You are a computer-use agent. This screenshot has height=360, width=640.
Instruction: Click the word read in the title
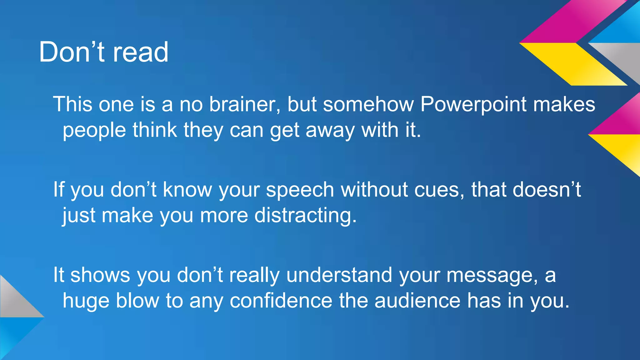(x=140, y=52)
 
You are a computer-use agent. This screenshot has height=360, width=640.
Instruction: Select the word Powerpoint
(x=473, y=104)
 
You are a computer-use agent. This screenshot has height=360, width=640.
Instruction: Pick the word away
(x=330, y=130)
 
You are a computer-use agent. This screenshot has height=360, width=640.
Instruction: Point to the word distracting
(x=305, y=216)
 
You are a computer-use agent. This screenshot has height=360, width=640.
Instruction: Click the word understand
(x=339, y=275)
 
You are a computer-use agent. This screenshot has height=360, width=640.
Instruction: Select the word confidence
(x=281, y=301)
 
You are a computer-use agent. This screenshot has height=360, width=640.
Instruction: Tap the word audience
(x=417, y=301)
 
